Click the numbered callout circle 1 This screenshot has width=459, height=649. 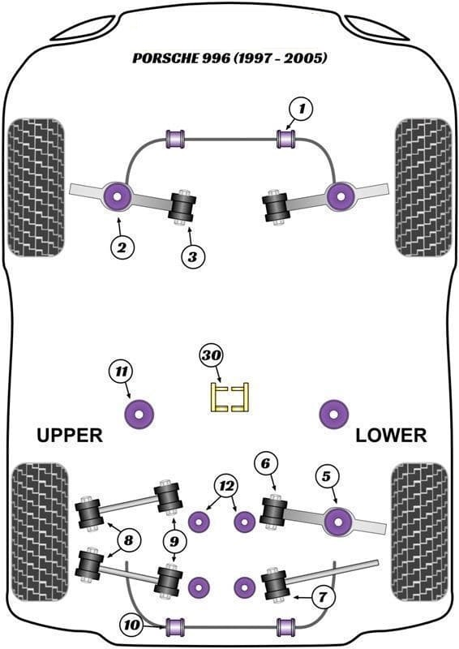[x=302, y=110]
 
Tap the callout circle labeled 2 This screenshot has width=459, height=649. [x=122, y=247]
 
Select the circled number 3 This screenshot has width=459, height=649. [x=193, y=256]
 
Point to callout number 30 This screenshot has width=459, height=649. [x=212, y=355]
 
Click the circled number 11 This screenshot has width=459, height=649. [x=122, y=372]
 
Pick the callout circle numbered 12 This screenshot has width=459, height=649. [x=226, y=486]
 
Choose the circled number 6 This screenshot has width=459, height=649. [x=265, y=463]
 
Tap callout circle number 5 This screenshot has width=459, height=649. [x=327, y=477]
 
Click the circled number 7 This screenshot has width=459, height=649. [x=322, y=596]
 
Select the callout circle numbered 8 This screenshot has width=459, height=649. [x=129, y=540]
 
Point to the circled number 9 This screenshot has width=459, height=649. [x=174, y=541]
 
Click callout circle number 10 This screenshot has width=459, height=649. [x=132, y=625]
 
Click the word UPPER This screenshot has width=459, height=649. [x=70, y=436]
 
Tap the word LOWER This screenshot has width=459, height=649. [x=391, y=436]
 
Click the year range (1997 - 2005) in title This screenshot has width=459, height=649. [x=281, y=58]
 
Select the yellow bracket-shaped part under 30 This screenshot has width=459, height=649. [x=229, y=398]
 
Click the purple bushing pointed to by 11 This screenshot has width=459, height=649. [x=139, y=414]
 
